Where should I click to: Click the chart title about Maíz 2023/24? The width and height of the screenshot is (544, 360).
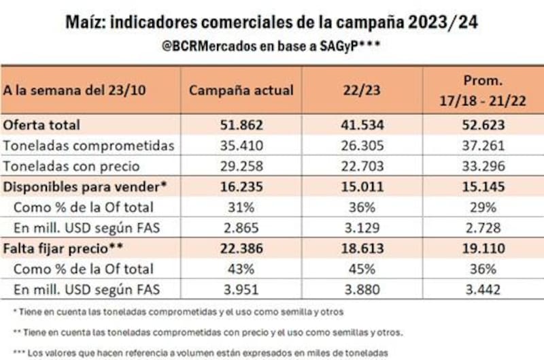272,23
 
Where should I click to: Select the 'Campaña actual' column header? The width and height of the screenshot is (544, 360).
241,91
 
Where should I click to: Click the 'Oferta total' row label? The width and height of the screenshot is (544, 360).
41,125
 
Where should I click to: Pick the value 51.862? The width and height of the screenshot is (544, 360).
241,125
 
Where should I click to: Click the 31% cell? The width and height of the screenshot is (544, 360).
241,207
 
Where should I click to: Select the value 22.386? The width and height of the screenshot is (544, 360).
241,248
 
